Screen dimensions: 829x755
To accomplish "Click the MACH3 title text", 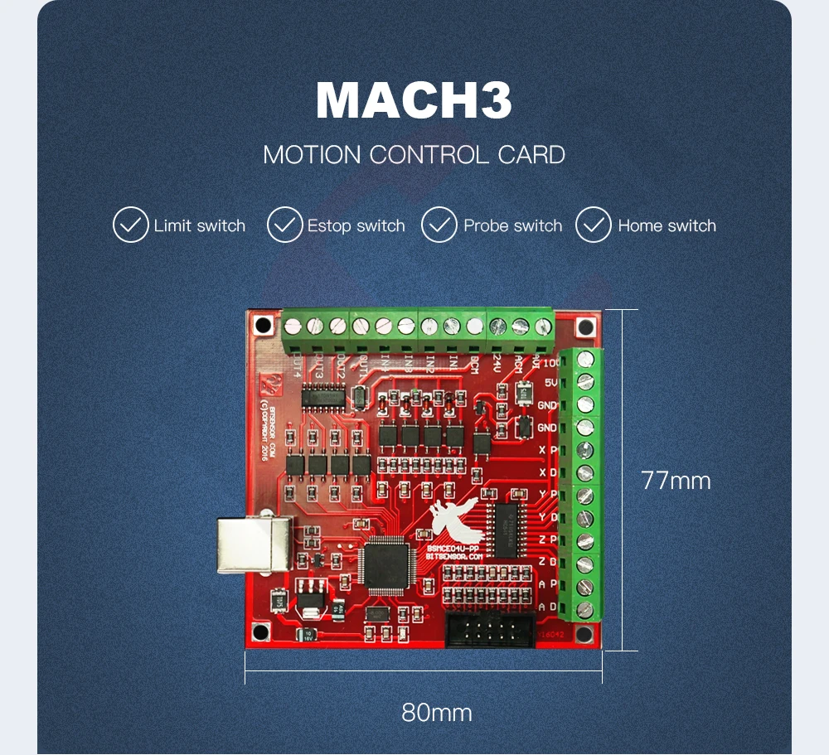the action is tap(414, 101).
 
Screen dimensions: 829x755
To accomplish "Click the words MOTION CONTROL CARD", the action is tap(414, 155).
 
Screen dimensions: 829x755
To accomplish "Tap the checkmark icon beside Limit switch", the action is tap(130, 225).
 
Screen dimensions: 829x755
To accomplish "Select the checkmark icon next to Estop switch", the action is tap(284, 225).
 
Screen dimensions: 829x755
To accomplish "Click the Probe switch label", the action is tap(512, 225).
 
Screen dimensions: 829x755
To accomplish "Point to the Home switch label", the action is tap(667, 225).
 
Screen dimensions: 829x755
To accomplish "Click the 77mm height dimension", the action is tap(676, 481).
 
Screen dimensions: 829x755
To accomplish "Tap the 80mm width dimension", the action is tap(437, 712).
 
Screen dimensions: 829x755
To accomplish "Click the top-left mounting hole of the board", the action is tap(263, 324).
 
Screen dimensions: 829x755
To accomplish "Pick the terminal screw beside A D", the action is tap(585, 609).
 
